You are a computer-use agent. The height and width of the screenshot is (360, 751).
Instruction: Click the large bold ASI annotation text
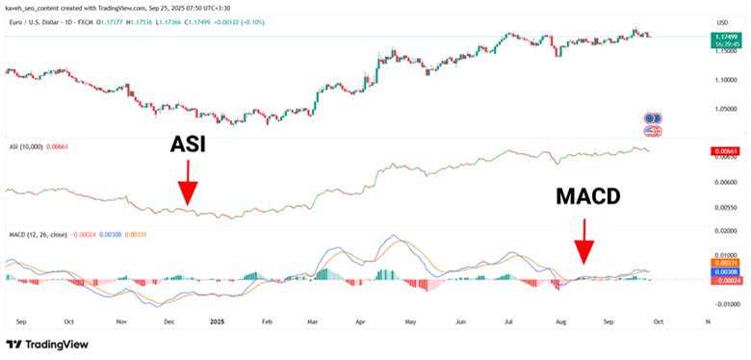(x=188, y=144)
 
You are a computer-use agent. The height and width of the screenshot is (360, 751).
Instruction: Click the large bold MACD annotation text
(x=587, y=197)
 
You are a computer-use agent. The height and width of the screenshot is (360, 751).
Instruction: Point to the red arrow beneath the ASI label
(x=188, y=182)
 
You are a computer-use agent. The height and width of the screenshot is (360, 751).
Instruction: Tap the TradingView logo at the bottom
(x=49, y=345)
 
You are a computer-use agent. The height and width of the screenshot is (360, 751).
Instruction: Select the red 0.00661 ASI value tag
(x=725, y=152)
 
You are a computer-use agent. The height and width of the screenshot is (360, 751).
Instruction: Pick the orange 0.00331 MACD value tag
(x=725, y=262)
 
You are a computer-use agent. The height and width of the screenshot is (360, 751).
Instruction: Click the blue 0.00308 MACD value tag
(x=725, y=272)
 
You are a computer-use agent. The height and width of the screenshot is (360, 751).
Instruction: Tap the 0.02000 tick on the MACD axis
(x=724, y=232)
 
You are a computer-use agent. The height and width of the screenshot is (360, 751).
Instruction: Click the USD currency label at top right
(x=722, y=22)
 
